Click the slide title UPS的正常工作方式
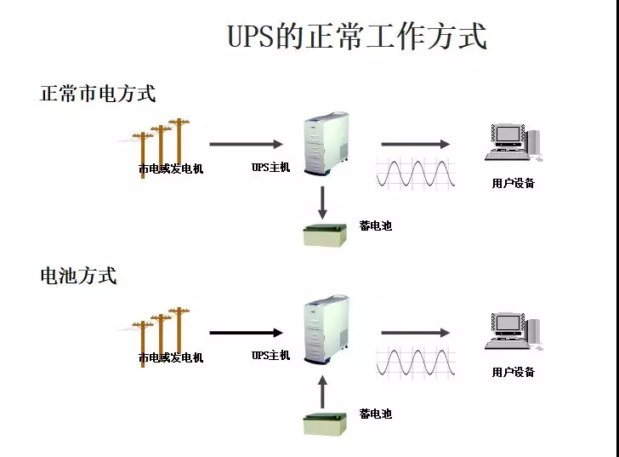coord(357,37)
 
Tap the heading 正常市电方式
coord(98,93)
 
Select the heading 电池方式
coord(78,276)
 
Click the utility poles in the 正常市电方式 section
coord(162,145)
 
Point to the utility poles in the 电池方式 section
coord(162,333)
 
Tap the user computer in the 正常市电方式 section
coord(512,142)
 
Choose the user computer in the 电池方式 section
coord(512,332)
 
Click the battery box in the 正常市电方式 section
coord(327,234)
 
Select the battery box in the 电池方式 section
coord(327,423)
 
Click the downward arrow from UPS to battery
coord(323,202)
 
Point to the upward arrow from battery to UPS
coord(323,391)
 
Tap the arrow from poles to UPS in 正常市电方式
coord(246,145)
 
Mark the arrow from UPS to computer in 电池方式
coord(415,333)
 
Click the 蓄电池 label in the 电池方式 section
coord(375,414)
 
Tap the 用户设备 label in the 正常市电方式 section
coord(514,183)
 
